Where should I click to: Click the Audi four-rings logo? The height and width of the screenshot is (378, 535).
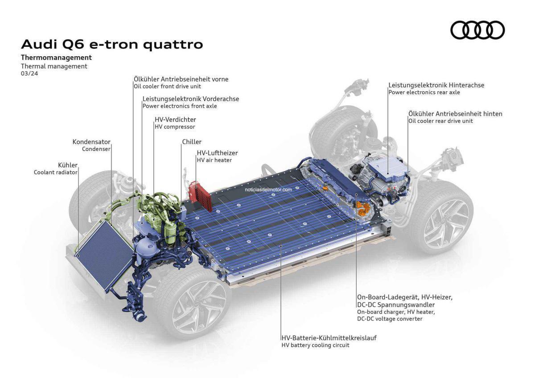tap(478, 30)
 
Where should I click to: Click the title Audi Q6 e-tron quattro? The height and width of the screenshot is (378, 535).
tap(112, 45)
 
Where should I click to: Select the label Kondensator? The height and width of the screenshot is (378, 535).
tap(91, 142)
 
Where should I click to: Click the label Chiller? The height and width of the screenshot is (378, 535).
tap(192, 142)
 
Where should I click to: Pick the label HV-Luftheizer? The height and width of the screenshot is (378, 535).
tap(217, 153)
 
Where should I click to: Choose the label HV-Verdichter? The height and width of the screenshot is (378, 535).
tap(175, 119)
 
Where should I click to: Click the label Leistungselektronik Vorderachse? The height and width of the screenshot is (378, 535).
tap(191, 99)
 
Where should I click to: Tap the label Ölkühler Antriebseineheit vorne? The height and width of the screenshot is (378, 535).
tap(181, 79)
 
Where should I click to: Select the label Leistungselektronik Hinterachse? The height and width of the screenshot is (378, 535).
tap(436, 85)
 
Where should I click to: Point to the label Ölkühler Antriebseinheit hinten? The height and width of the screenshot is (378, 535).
tap(455, 114)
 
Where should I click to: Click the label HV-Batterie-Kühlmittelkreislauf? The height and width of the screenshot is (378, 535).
tap(329, 338)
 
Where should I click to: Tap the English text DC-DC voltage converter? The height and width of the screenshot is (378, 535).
tap(389, 319)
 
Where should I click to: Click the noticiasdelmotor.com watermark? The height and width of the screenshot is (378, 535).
tap(268, 189)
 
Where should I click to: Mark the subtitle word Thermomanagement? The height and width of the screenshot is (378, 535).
tap(56, 58)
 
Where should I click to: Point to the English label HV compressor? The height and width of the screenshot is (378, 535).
tap(175, 127)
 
